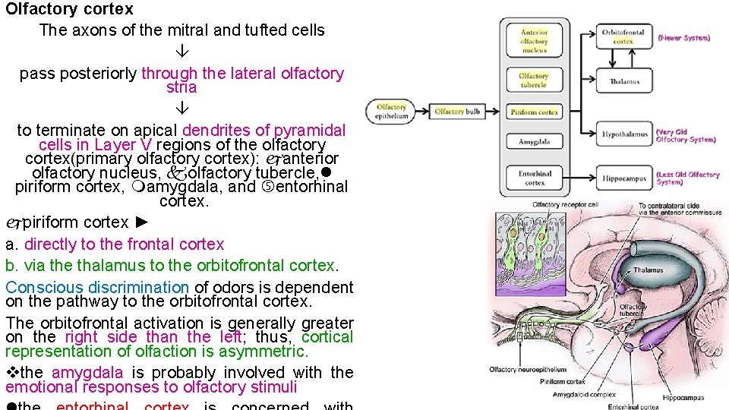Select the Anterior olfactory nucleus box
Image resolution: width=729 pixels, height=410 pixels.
click(535, 42)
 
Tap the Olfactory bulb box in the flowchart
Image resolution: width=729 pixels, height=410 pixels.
click(457, 112)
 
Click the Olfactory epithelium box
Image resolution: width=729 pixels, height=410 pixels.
click(391, 112)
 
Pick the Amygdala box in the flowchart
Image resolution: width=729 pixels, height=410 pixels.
click(535, 142)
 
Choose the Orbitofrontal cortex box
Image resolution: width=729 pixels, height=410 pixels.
click(623, 36)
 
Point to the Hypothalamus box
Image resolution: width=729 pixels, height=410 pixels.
click(624, 134)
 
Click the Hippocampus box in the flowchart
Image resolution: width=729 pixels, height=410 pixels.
click(624, 179)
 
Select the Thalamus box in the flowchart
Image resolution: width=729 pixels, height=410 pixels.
click(624, 81)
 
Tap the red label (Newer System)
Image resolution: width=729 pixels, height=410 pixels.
click(684, 37)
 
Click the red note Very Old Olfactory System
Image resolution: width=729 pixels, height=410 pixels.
click(686, 135)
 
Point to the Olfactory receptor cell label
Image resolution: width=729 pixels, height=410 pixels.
click(565, 205)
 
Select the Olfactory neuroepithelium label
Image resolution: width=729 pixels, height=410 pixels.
click(525, 370)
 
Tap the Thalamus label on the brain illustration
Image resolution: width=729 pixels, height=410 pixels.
click(648, 270)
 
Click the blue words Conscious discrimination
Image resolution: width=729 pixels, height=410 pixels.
click(97, 288)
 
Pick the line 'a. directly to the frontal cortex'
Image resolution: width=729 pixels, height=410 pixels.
click(115, 244)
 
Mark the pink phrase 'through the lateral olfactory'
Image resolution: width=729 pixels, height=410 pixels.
click(242, 74)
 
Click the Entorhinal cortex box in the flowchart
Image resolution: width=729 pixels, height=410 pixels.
click(535, 178)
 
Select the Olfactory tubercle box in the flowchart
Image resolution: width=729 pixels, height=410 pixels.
click(535, 80)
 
